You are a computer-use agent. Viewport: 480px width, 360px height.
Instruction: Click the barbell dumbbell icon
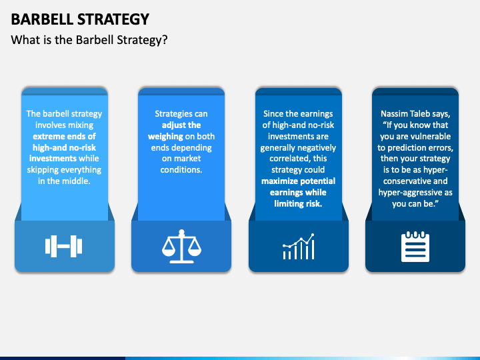(x=64, y=247)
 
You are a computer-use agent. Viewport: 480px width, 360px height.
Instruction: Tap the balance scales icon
(x=181, y=247)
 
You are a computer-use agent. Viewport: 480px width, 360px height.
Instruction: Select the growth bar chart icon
(x=298, y=247)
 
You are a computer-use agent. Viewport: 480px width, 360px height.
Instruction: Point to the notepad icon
(x=415, y=247)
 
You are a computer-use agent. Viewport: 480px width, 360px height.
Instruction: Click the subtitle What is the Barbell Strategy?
(x=89, y=40)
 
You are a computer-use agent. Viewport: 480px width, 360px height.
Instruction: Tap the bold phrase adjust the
(x=181, y=125)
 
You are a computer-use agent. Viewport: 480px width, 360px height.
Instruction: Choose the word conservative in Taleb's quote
(x=408, y=181)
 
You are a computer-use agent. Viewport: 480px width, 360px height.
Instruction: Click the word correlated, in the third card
(x=280, y=159)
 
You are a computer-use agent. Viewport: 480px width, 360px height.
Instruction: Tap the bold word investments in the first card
(x=53, y=159)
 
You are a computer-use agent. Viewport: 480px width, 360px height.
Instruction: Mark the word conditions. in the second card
(x=181, y=170)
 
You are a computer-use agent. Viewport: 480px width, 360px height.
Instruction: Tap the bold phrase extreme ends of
(x=64, y=137)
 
